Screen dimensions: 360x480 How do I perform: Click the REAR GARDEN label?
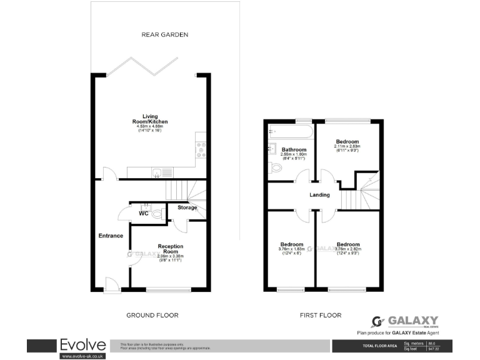pyautogui.click(x=164, y=34)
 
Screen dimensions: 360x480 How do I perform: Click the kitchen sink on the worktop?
pyautogui.click(x=157, y=172)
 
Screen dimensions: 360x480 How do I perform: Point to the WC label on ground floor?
pyautogui.click(x=143, y=214)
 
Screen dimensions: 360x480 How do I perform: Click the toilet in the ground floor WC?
pyautogui.click(x=157, y=214)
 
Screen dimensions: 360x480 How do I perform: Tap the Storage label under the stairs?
pyautogui.click(x=187, y=207)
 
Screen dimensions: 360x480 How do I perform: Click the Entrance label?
pyautogui.click(x=110, y=236)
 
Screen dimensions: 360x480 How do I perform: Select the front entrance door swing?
pyautogui.click(x=112, y=284)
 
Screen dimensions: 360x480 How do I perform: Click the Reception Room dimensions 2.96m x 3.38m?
pyautogui.click(x=170, y=256)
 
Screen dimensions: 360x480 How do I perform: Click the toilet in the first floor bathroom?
pyautogui.click(x=276, y=168)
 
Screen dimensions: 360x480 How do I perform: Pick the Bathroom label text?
pyautogui.click(x=293, y=150)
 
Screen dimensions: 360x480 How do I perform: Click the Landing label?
pyautogui.click(x=319, y=195)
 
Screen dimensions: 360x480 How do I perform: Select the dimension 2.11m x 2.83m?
pyautogui.click(x=346, y=147)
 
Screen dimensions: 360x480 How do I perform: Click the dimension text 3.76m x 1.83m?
pyautogui.click(x=291, y=249)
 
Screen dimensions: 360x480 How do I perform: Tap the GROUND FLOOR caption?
pyautogui.click(x=152, y=316)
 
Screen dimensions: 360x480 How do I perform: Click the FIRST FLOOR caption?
pyautogui.click(x=321, y=316)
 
